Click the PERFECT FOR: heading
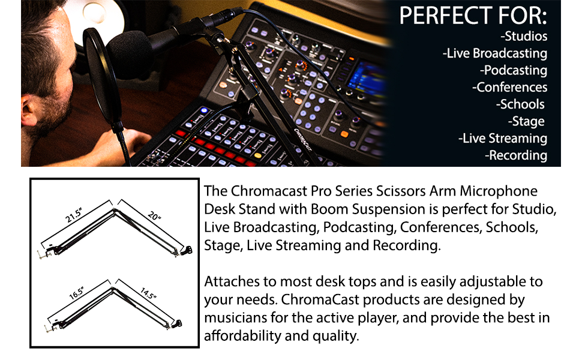pos(473,16)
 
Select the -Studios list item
pos(524,36)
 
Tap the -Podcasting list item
pos(514,71)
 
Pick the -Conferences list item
pos(509,87)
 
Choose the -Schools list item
pos(520,104)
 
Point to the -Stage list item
pos(526,122)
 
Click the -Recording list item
pos(516,155)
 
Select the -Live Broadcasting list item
pos(495,53)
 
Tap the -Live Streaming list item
pos(503,139)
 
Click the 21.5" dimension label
pos(73,215)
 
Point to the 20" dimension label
pos(154,215)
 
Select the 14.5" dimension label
pos(148,293)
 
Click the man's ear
pos(29,110)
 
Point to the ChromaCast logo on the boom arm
pos(303,140)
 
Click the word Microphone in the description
pos(499,191)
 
